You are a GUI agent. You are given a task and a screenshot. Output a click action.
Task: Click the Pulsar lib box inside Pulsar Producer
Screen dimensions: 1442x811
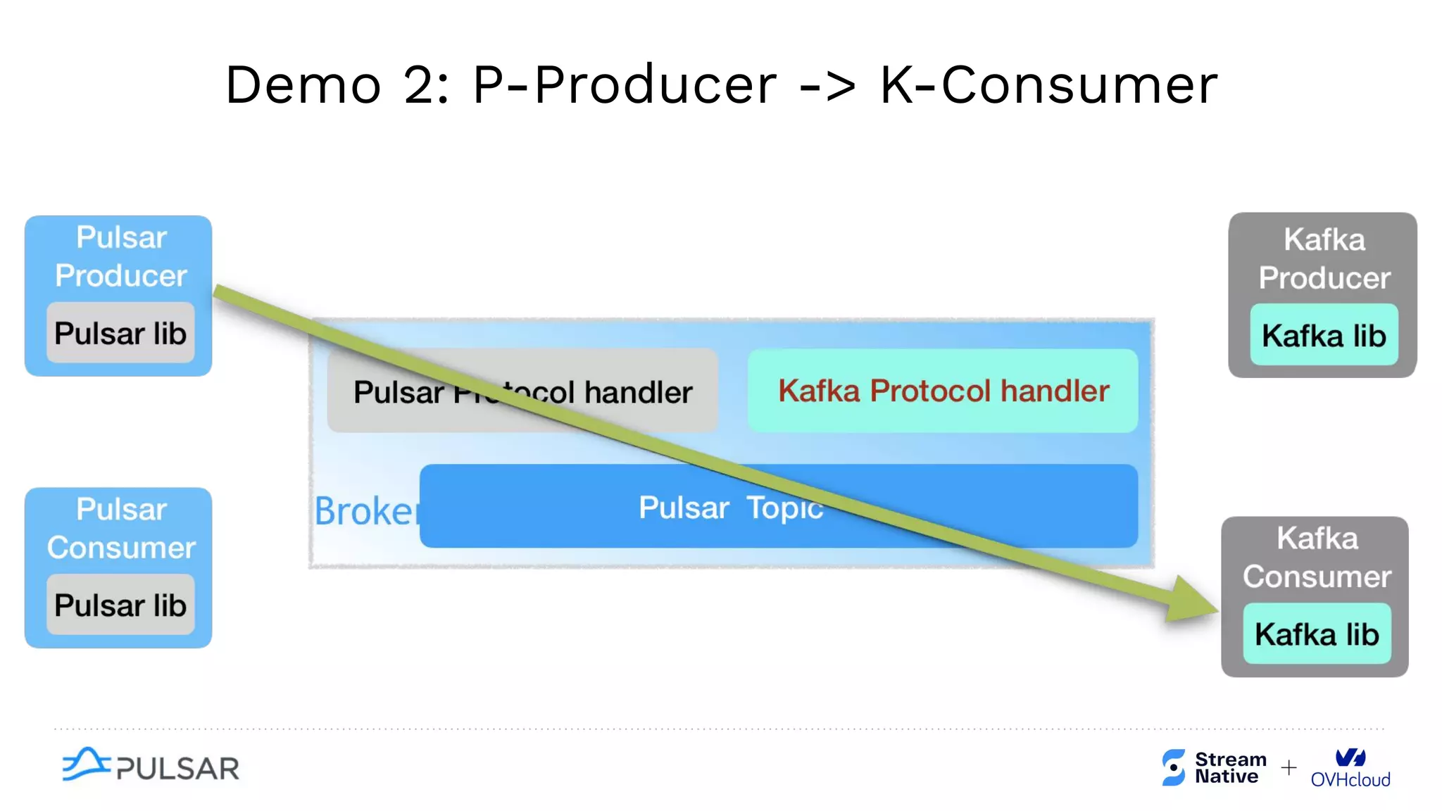[120, 333]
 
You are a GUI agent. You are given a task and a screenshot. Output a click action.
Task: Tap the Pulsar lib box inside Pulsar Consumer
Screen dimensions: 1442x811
[120, 605]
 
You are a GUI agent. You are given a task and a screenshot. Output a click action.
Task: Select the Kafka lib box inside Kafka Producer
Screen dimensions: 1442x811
[1324, 335]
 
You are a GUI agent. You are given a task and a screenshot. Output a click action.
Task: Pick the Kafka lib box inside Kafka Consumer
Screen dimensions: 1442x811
[1317, 634]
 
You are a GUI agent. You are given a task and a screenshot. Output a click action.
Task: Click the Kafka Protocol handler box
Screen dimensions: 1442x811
[943, 391]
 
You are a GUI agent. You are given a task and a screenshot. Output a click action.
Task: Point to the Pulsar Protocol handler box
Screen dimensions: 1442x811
[522, 391]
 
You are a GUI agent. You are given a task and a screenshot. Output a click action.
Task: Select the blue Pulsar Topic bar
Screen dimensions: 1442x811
[778, 506]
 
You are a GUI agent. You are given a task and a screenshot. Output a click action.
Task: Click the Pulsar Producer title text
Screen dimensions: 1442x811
[121, 256]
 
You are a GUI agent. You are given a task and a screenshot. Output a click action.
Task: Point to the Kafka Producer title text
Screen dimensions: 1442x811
[1324, 258]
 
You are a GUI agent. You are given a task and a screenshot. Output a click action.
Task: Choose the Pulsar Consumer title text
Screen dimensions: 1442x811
[121, 528]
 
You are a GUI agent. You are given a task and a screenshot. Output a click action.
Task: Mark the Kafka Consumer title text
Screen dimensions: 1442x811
[1317, 557]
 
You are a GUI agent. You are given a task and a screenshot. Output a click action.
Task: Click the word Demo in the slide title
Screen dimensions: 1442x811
[303, 85]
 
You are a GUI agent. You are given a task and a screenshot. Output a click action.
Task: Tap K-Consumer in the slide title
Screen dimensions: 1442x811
[1048, 85]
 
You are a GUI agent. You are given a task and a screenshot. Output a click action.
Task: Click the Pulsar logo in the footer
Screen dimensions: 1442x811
[151, 766]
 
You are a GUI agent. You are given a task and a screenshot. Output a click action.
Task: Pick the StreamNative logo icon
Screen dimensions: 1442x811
[1174, 767]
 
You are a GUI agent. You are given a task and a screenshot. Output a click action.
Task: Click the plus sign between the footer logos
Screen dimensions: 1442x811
[1289, 767]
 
